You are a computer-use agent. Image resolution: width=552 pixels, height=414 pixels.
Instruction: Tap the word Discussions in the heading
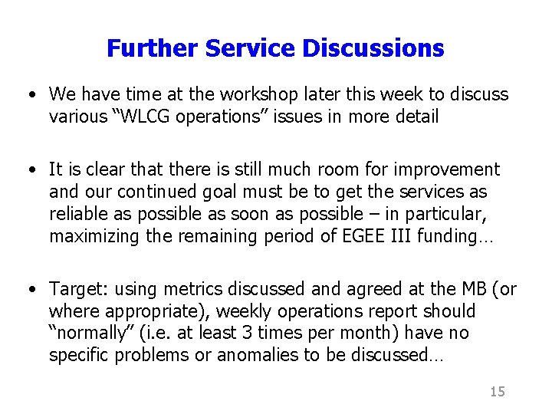(x=373, y=49)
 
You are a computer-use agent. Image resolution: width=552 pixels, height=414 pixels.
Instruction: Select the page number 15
(x=497, y=392)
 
